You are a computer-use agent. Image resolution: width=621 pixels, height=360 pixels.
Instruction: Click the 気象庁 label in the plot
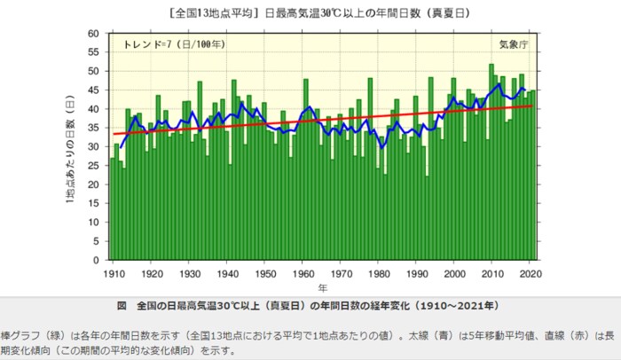tap(515, 43)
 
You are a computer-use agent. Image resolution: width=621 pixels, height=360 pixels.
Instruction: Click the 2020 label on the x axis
tap(530, 273)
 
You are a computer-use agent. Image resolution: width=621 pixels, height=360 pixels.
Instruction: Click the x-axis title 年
tap(323, 288)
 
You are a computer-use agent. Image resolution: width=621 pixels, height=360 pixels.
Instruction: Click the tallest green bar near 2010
tap(491, 160)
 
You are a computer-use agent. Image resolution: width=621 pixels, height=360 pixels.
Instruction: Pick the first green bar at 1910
tap(113, 209)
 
